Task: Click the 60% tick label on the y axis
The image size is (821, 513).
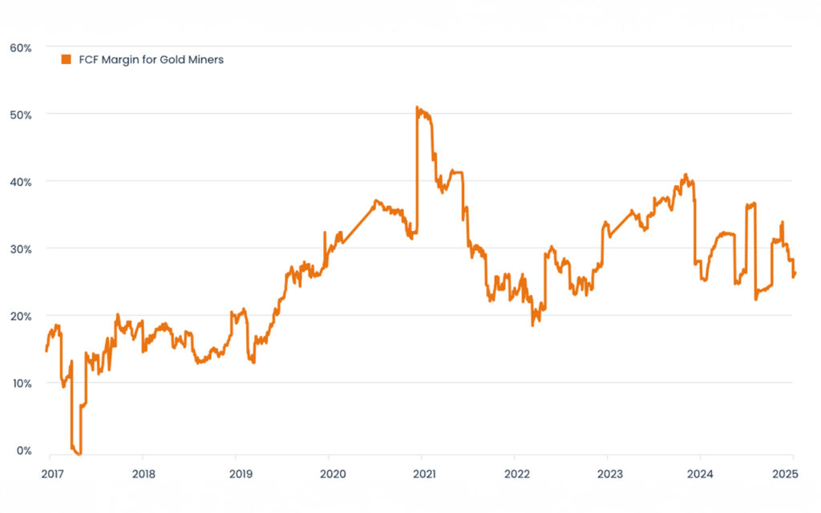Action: point(21,48)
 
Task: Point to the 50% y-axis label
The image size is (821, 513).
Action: point(21,115)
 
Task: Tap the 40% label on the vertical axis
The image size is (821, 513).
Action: point(21,182)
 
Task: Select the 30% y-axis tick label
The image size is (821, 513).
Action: point(21,249)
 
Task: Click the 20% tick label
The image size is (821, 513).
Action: point(21,316)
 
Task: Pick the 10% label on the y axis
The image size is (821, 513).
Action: point(21,383)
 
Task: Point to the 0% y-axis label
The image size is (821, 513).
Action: point(23,450)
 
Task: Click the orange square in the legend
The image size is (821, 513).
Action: point(66,59)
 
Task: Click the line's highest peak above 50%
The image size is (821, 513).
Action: point(418,107)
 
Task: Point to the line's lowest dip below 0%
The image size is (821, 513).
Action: point(79,454)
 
